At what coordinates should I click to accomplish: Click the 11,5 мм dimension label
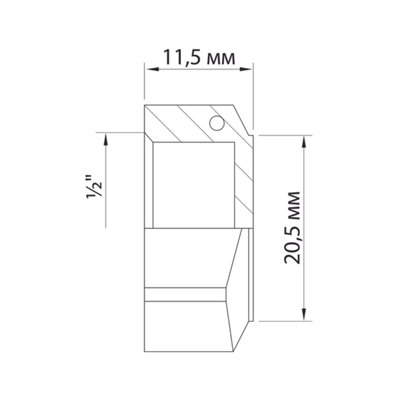tap(199, 57)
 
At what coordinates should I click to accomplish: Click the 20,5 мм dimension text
tap(292, 227)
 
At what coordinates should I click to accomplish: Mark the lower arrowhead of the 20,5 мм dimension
tap(304, 315)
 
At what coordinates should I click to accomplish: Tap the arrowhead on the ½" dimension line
tap(106, 139)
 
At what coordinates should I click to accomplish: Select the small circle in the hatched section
tap(216, 123)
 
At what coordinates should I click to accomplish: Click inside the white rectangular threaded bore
tap(194, 185)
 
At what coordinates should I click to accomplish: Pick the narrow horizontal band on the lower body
tap(185, 294)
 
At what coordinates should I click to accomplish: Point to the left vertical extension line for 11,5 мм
tap(145, 81)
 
